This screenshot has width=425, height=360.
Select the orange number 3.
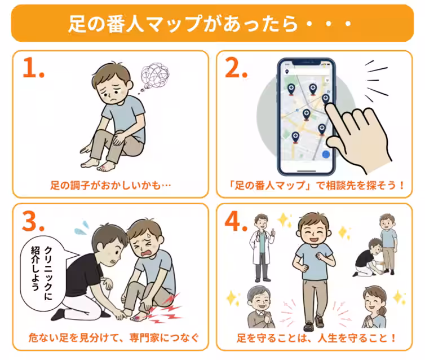33,222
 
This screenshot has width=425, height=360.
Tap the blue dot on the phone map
325,153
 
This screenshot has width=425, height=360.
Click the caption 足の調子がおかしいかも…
107,185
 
